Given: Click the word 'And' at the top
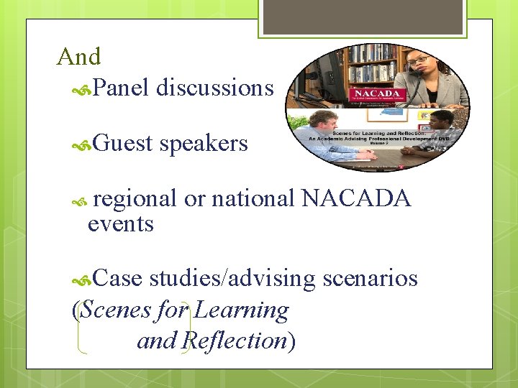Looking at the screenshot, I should (x=78, y=56).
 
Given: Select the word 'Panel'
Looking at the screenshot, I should (x=120, y=88).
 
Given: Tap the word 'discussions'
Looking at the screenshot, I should (x=215, y=88).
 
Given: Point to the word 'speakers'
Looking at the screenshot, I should (x=204, y=144).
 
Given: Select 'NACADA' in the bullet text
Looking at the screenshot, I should (x=356, y=198).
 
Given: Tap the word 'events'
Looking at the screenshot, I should (x=120, y=224).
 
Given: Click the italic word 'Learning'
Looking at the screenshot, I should (x=241, y=310).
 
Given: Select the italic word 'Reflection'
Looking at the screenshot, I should (x=235, y=341).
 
